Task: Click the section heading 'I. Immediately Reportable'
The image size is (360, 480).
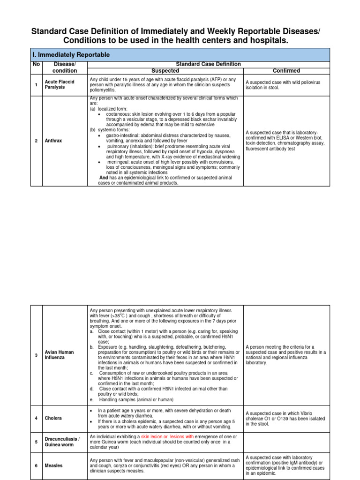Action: coord(71,55)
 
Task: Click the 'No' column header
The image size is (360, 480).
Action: coord(36,64)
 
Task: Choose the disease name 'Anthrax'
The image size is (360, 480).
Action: coord(52,141)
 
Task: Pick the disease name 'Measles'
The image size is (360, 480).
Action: coord(53,466)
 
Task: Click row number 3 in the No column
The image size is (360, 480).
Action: coord(36,355)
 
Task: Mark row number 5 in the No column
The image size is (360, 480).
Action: coord(36,442)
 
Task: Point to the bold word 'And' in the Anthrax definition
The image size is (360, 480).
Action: coord(104,178)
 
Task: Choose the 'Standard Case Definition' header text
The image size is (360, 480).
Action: coord(208,64)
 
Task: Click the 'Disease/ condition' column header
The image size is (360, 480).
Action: coord(64,67)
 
